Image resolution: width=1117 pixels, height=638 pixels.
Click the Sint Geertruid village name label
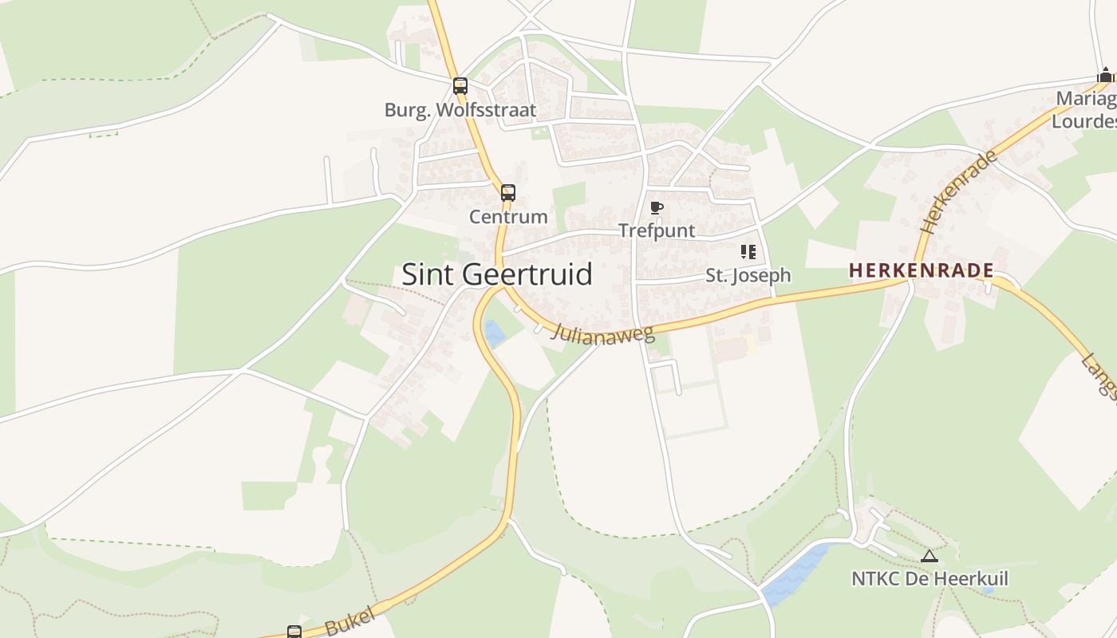point(496,274)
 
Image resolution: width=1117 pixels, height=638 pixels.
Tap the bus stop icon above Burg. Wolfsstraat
point(460,86)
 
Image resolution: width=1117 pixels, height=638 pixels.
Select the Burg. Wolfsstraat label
point(460,110)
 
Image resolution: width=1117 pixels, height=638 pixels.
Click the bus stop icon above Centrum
point(508,192)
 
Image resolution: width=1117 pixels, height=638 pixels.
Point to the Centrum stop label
point(508,216)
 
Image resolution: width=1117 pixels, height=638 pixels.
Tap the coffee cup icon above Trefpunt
point(657,208)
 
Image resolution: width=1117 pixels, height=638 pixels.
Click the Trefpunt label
point(657,231)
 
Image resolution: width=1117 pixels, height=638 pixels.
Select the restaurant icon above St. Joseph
point(748,252)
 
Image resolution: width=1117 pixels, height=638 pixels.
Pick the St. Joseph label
point(748,275)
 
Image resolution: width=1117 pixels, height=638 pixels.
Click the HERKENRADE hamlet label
point(921,270)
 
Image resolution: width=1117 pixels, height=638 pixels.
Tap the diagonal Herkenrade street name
point(959,191)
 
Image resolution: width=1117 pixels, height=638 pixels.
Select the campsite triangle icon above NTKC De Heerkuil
point(928,556)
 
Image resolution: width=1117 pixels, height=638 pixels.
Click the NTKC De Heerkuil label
point(930,578)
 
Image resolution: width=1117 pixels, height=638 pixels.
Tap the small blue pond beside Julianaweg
point(495,333)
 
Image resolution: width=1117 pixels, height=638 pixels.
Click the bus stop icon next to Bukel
point(294,632)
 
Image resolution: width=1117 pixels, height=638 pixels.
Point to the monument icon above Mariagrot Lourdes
point(1105,76)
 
